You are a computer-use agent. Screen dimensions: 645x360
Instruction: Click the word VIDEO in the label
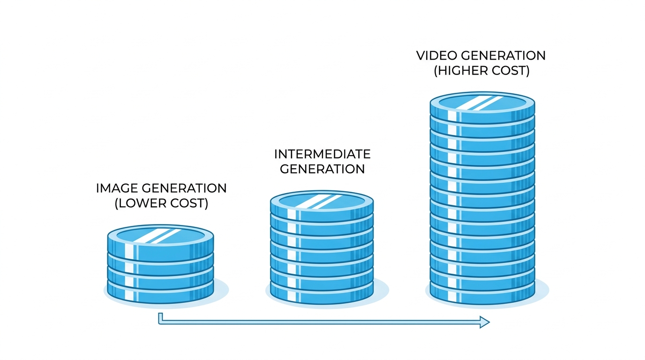tap(437, 56)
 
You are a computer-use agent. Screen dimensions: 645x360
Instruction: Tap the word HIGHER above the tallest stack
tap(465, 71)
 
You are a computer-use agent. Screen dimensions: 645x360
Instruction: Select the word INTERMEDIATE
tap(322, 154)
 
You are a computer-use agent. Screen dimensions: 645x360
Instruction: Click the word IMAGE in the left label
tap(117, 188)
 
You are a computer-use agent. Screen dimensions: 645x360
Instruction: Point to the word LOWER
tap(142, 203)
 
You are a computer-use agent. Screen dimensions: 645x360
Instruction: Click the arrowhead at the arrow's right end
tap(484, 322)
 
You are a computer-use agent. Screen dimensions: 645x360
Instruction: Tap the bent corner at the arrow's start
tap(161, 322)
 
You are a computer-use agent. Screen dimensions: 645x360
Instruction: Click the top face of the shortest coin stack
tap(161, 236)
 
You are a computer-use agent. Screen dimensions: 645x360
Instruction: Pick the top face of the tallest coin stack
tap(482, 103)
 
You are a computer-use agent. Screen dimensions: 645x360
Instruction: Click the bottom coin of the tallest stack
tap(482, 292)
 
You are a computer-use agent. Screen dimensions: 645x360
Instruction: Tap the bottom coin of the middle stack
tap(322, 292)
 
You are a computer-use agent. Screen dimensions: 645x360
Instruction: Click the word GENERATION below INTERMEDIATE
tap(322, 169)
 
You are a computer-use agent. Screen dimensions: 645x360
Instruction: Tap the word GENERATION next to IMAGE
tap(184, 188)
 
